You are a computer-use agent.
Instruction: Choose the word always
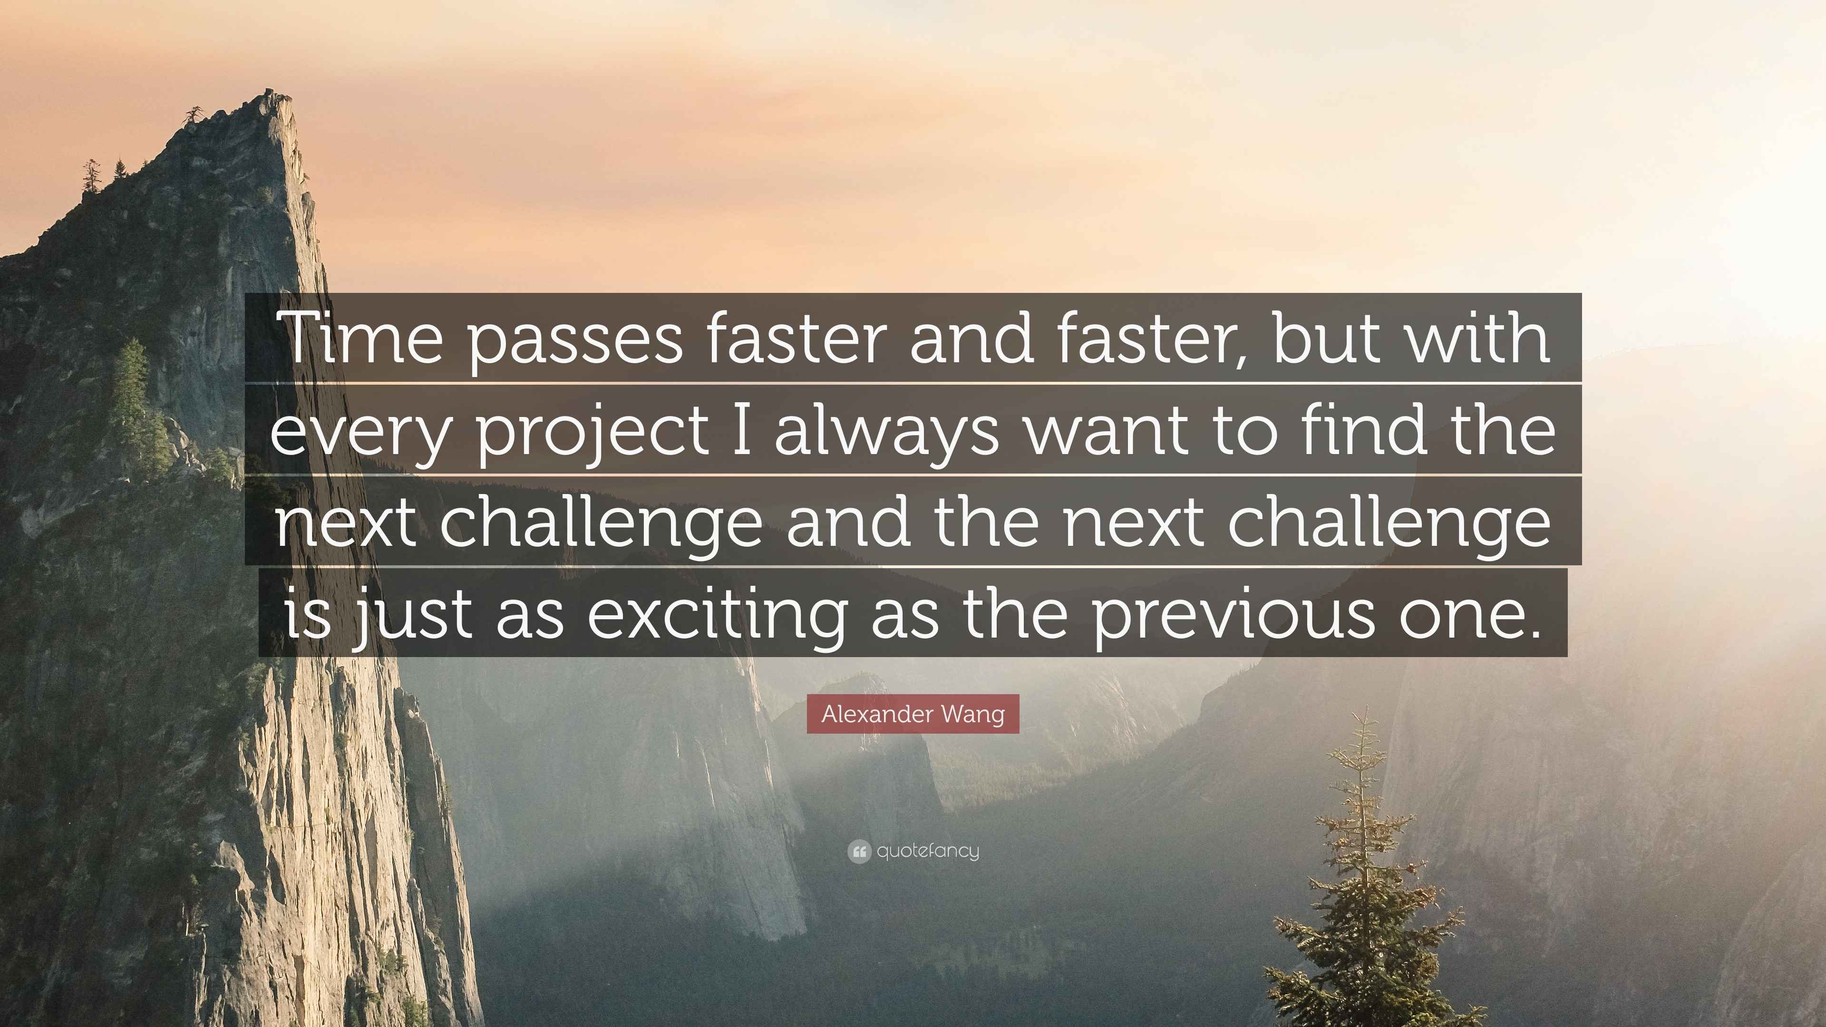886,433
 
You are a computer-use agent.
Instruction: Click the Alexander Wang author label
913,714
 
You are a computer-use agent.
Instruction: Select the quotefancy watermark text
928,851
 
